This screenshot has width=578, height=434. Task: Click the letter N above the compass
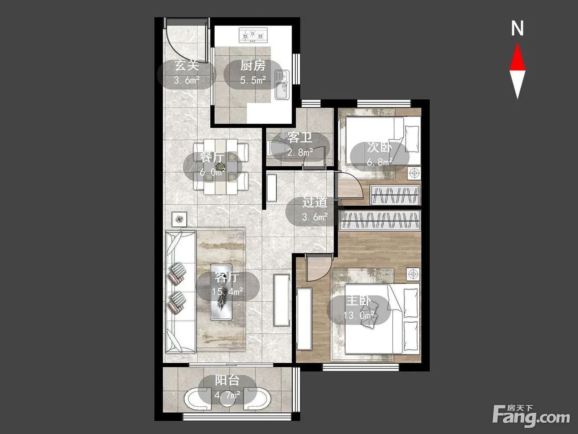pos(517,29)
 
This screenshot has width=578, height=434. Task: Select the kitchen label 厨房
pos(253,66)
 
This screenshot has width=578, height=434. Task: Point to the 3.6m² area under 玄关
pos(186,80)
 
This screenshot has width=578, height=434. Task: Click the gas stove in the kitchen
pos(253,35)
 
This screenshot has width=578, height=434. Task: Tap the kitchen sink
pos(282,85)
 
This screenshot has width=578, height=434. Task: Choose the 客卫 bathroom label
pos(300,138)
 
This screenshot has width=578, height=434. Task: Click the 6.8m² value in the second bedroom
pos(380,162)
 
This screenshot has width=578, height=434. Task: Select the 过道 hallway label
pos(315,202)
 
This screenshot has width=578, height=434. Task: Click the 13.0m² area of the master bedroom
pos(359,315)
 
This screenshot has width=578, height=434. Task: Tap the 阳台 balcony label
pos(227,380)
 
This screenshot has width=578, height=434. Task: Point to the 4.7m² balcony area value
pos(227,395)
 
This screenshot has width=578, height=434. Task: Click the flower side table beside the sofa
pos(180,219)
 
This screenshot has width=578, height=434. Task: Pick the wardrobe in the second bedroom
pos(395,195)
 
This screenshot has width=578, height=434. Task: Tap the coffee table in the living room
pos(221,292)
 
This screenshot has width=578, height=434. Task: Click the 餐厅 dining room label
pos(212,158)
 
